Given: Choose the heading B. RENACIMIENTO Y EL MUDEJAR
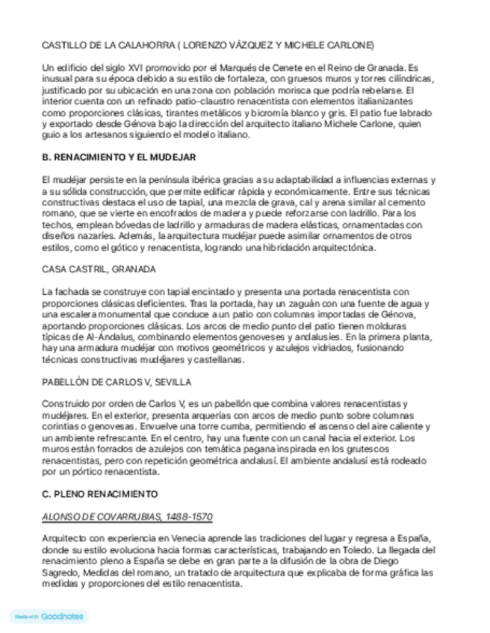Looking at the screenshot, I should point(120,158).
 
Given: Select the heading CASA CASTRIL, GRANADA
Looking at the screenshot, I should point(99,269).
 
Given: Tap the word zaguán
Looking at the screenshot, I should point(276,303).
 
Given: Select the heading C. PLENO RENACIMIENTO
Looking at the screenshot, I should point(100,494).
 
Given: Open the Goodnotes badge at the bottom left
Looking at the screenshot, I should point(49,617).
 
